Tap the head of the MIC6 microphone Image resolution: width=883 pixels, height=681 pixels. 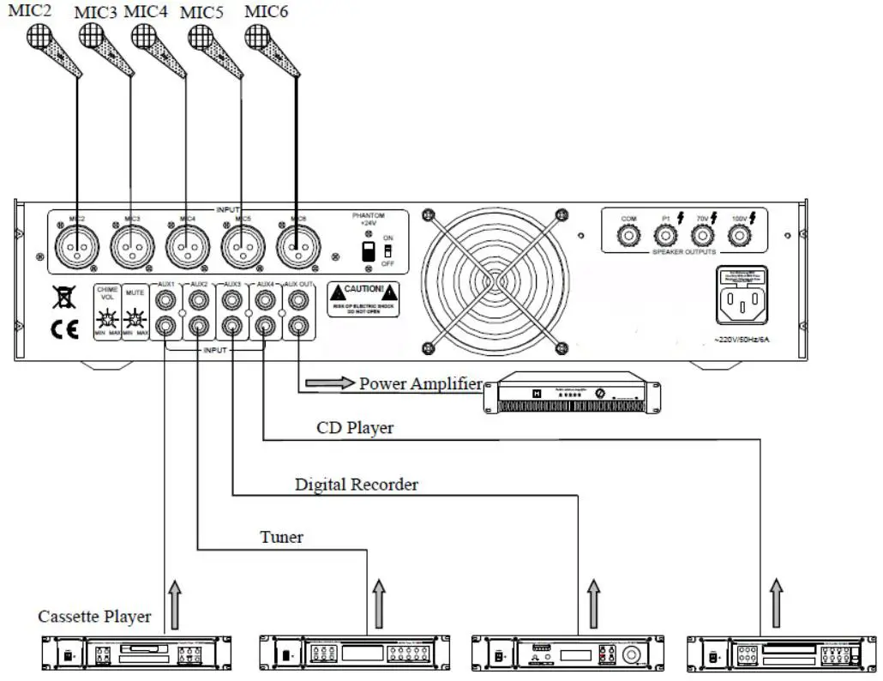click(x=257, y=36)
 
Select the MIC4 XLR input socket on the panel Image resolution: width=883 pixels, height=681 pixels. click(x=183, y=249)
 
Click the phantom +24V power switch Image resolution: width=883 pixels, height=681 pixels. click(x=369, y=251)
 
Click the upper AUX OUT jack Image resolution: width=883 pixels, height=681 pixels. click(x=297, y=300)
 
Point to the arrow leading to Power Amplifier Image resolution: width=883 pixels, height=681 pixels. click(x=329, y=383)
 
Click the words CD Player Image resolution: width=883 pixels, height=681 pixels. click(x=355, y=427)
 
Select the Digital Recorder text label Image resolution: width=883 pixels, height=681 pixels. click(x=357, y=485)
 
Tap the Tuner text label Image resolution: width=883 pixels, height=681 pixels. click(x=281, y=538)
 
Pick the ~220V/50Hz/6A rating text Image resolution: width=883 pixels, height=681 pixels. click(x=742, y=340)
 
